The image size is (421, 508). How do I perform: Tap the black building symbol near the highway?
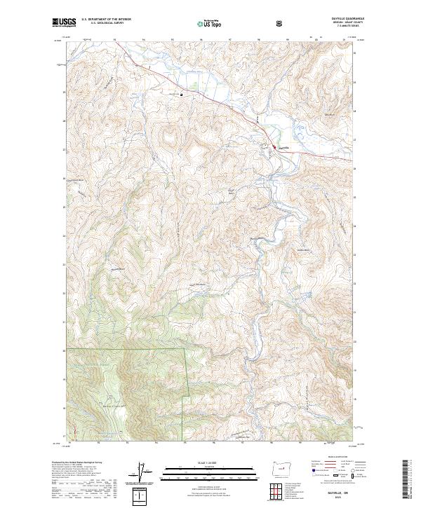pos(182,94)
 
